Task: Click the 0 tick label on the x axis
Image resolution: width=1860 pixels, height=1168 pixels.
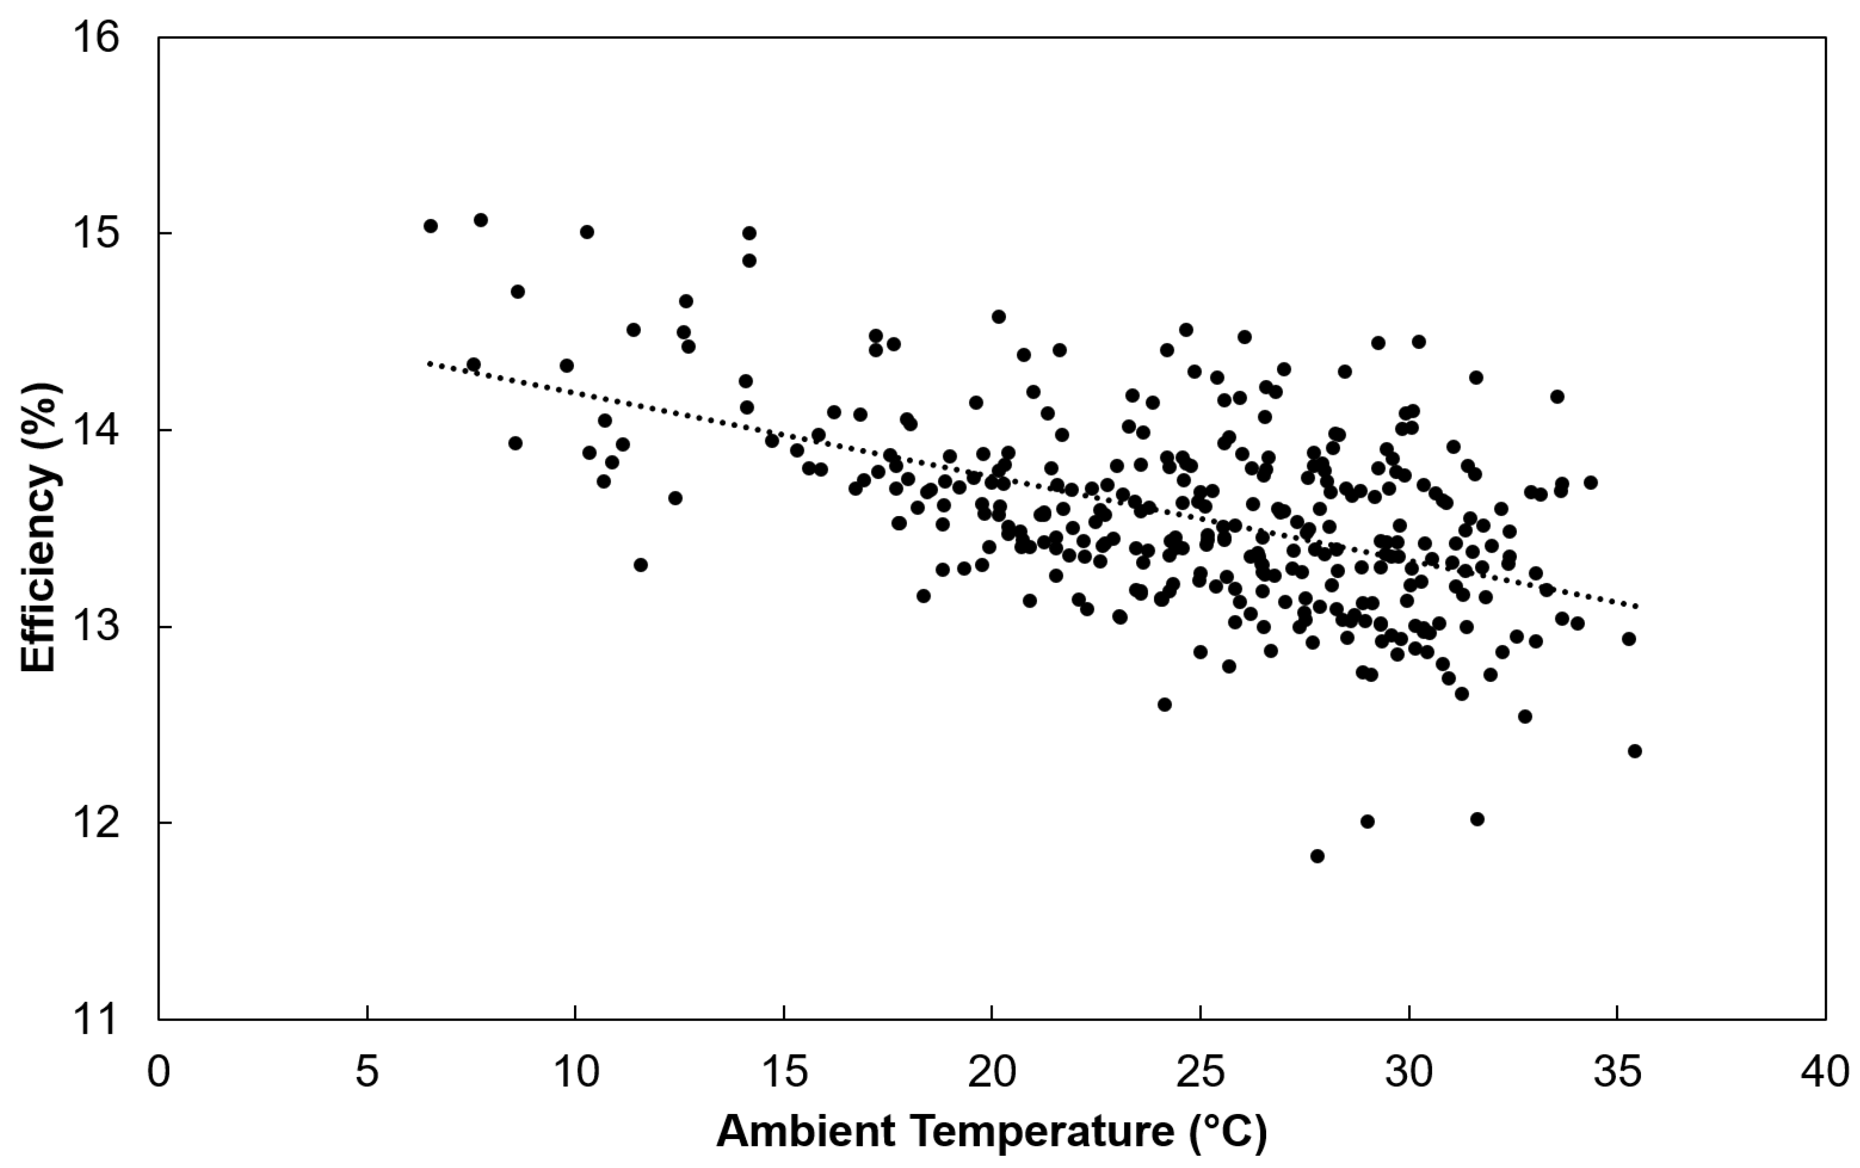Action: (x=158, y=1074)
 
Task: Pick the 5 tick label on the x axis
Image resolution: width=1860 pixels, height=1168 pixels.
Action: (x=367, y=1074)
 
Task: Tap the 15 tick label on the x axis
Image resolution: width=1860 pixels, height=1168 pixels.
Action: (x=783, y=1074)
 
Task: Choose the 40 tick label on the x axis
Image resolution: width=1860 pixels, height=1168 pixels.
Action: (x=1825, y=1074)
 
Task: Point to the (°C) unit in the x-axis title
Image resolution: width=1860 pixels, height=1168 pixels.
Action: (x=1227, y=1133)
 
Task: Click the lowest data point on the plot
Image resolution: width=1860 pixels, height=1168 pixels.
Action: (x=1317, y=856)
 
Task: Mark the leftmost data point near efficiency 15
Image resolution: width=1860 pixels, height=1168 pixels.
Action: (x=430, y=225)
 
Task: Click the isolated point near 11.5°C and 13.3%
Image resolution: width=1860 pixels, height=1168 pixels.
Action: (x=640, y=565)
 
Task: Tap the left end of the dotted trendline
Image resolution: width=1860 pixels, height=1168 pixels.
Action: (x=429, y=362)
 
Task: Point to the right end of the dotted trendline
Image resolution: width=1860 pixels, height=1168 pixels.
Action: (x=1636, y=606)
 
